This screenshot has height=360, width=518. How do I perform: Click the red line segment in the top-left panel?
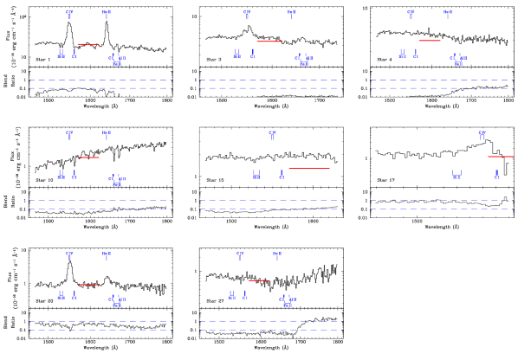click(88, 44)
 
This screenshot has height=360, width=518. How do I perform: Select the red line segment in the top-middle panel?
click(269, 41)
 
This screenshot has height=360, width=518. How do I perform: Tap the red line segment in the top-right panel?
click(430, 41)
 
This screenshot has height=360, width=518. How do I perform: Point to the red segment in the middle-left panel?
click(88, 157)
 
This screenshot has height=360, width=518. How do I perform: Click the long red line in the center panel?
click(308, 169)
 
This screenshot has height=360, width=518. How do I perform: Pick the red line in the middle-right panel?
click(501, 157)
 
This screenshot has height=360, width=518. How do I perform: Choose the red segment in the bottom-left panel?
click(88, 285)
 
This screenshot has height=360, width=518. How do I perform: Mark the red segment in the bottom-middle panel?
click(259, 280)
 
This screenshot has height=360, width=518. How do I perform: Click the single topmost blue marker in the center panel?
click(273, 135)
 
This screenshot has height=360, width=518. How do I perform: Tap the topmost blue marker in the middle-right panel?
click(482, 135)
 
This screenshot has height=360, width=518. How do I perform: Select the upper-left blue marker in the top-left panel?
click(69, 14)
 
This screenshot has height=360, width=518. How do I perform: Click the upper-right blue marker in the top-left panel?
click(107, 14)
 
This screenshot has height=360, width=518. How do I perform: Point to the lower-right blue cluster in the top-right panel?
click(458, 60)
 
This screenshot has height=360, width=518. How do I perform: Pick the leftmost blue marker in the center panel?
click(256, 175)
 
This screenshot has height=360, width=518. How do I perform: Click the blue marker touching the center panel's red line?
click(282, 174)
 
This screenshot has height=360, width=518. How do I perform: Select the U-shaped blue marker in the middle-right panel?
click(456, 175)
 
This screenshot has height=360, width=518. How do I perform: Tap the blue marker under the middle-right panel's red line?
click(496, 174)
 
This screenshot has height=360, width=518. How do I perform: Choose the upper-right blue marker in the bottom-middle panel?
click(277, 256)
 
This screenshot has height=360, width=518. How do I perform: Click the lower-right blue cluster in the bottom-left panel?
click(117, 301)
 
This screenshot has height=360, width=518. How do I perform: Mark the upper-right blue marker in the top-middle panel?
click(291, 14)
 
